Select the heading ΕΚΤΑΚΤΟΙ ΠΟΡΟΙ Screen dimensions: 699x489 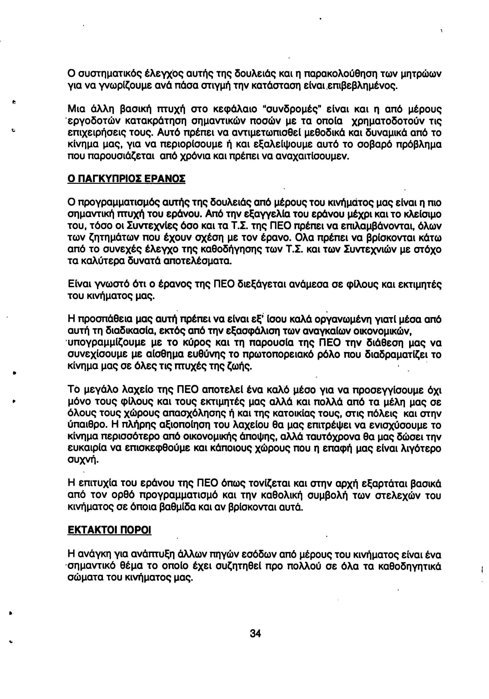point(109,530)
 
